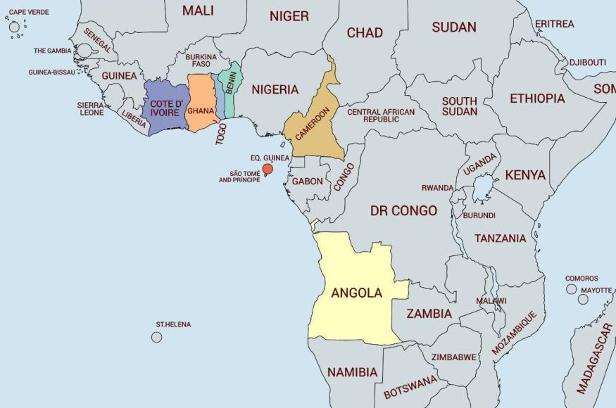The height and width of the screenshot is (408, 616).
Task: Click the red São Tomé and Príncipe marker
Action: click(268, 169)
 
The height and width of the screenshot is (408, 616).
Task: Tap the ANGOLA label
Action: click(356, 293)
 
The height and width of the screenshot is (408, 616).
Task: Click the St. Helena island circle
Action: click(156, 337)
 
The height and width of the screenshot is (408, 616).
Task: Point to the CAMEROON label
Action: click(313, 124)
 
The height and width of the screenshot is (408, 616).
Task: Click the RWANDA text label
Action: click(437, 188)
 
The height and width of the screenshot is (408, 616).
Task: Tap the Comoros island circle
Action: click(571, 289)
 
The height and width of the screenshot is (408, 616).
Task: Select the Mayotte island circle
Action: click(583, 299)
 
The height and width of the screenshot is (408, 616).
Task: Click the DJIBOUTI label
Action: click(587, 62)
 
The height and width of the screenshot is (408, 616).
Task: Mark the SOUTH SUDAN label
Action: click(459, 106)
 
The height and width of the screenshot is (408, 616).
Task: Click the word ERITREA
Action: click(554, 24)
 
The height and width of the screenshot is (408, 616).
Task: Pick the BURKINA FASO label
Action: click(201, 60)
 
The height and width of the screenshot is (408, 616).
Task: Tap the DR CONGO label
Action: click(403, 210)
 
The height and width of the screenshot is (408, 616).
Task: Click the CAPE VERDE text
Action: click(29, 12)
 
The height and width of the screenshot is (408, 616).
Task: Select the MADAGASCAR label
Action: click(594, 359)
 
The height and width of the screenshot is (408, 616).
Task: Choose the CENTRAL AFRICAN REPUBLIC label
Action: click(381, 115)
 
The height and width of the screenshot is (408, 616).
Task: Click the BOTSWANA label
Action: click(410, 387)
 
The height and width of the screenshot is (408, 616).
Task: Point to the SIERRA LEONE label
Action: click(90, 108)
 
